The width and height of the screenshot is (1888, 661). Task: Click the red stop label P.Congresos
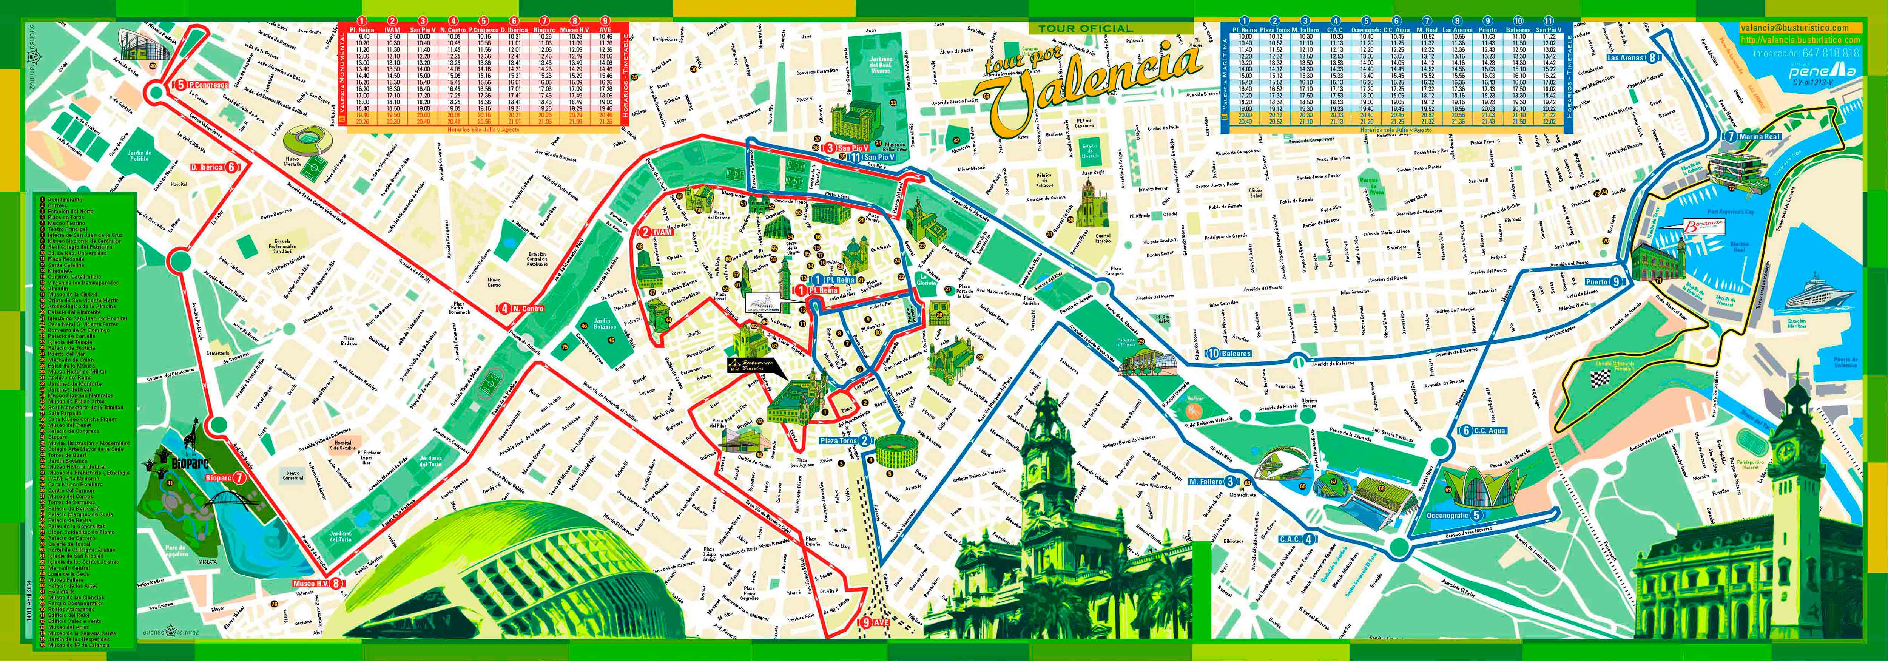pos(202,84)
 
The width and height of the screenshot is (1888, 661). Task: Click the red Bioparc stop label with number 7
pos(227,478)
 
